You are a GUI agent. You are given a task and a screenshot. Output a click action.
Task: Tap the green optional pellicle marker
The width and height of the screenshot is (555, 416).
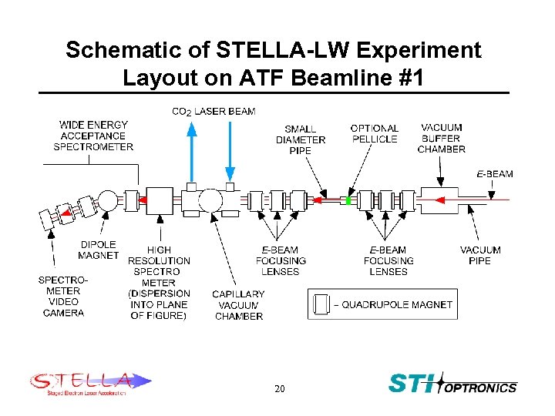[348, 200]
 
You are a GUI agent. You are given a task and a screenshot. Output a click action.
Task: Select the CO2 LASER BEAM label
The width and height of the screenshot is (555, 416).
[214, 112]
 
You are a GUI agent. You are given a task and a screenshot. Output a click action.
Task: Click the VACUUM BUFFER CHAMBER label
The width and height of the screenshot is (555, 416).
[442, 138]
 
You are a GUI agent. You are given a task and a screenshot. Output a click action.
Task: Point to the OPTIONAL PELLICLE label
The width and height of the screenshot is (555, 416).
[374, 133]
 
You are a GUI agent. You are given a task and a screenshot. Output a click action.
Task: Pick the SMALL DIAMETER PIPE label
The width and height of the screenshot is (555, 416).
[301, 139]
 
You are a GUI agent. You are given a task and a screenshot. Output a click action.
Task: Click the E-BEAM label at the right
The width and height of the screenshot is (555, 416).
[494, 174]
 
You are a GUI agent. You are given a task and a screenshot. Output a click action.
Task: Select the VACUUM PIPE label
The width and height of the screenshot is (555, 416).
[480, 255]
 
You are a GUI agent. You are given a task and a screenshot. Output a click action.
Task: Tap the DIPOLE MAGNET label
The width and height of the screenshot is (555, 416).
[99, 250]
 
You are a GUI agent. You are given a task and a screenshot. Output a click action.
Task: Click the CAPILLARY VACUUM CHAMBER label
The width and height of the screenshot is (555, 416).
[239, 305]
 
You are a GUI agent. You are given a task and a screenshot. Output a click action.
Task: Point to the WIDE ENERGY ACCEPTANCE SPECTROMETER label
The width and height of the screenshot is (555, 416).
[93, 136]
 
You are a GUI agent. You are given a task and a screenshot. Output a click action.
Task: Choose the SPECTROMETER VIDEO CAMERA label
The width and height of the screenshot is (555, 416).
[63, 296]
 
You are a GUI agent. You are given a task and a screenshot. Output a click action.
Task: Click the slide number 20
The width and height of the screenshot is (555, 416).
[279, 389]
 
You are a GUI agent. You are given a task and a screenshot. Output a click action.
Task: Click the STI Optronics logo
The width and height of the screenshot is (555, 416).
[452, 383]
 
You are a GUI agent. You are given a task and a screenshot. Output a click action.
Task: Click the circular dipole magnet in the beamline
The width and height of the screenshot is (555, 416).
[108, 201]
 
